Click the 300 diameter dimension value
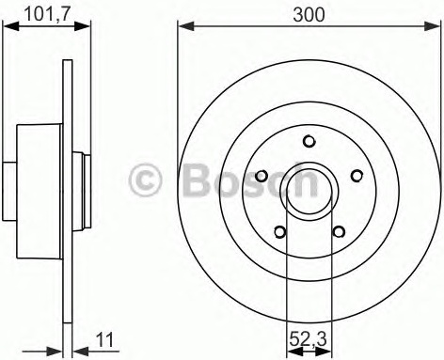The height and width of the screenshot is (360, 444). (x=309, y=15)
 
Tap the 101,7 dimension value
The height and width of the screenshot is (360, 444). (x=47, y=14)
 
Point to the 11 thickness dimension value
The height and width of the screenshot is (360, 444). (x=105, y=340)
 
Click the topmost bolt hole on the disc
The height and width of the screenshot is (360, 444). (x=309, y=141)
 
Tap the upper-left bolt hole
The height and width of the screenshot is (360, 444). (x=262, y=176)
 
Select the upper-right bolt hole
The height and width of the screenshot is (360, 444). (x=357, y=176)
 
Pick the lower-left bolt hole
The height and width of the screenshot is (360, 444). (x=280, y=232)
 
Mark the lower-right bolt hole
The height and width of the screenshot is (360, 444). (x=339, y=232)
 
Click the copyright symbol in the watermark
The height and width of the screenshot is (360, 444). (x=145, y=180)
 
